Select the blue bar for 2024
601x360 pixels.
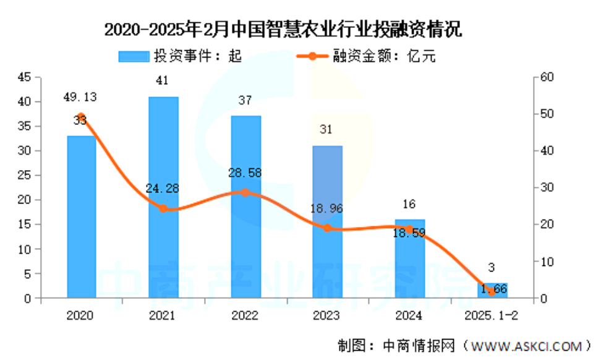coord(409,260)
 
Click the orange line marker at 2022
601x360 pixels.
coord(245,192)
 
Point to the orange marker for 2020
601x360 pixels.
coord(81,116)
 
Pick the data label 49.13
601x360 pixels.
coord(80,97)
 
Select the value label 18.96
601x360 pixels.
coord(327,209)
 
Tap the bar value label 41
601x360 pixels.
coord(163,80)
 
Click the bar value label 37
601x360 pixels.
coord(245,100)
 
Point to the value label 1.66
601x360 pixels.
coord(492,286)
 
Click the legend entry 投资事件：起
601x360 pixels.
coord(179,56)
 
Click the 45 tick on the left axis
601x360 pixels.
coord(24,77)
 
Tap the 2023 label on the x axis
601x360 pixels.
coord(327,315)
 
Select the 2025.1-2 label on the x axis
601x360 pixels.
coord(492,315)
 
